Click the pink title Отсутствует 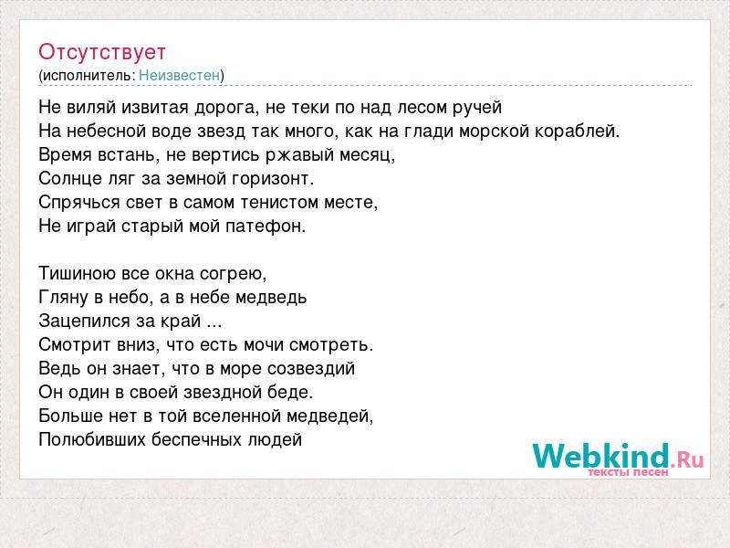click(x=102, y=52)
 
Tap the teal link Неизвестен click(x=179, y=75)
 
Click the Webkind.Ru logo click(x=619, y=458)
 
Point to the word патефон click(x=266, y=226)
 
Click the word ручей click(x=477, y=107)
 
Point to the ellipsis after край click(x=214, y=324)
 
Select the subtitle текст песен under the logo click(x=628, y=472)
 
